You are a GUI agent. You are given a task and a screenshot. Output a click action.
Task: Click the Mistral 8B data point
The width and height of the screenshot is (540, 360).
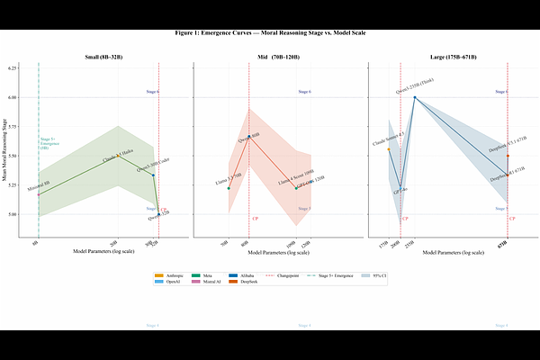39,194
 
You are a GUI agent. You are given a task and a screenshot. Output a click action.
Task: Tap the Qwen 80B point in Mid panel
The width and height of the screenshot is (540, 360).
249,137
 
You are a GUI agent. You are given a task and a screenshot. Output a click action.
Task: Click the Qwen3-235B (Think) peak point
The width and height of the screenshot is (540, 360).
415,97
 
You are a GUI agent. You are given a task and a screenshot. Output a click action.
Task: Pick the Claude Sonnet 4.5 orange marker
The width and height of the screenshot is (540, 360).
389,149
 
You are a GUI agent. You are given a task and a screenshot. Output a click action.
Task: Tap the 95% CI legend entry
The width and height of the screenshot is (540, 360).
373,274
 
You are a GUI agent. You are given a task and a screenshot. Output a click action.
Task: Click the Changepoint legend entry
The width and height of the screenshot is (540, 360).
283,274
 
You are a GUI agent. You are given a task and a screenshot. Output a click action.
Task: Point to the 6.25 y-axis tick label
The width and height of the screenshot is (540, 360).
13,68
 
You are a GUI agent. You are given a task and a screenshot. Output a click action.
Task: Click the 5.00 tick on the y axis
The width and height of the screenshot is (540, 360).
13,215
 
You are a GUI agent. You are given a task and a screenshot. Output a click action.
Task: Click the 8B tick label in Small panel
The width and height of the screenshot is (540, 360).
36,244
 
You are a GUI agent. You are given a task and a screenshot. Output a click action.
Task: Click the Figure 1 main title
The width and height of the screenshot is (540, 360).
270,32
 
